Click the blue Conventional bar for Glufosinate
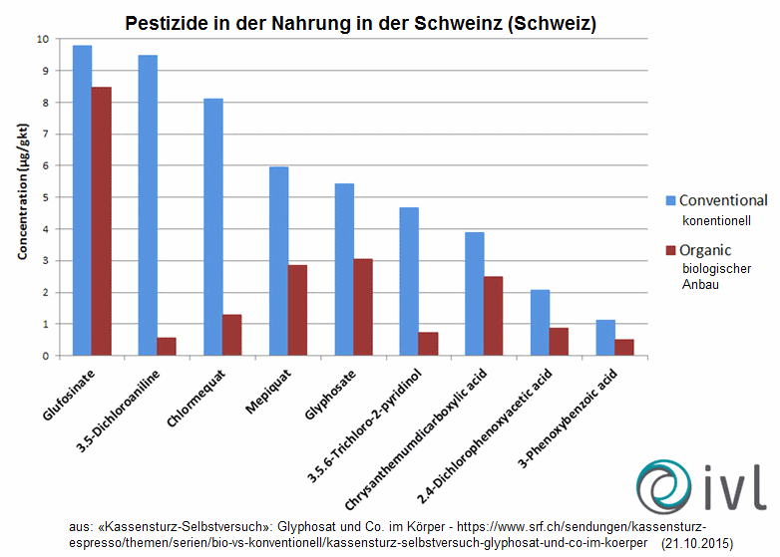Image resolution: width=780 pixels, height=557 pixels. [x=82, y=200]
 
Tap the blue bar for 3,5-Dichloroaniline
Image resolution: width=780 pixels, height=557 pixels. [x=148, y=205]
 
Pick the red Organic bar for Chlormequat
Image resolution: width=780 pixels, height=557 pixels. [x=231, y=335]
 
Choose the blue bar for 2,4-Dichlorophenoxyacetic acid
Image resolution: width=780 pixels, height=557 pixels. [x=540, y=322]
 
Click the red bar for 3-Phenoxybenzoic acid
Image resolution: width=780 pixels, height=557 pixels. [x=624, y=347]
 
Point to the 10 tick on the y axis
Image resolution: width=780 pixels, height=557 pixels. [x=41, y=39]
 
